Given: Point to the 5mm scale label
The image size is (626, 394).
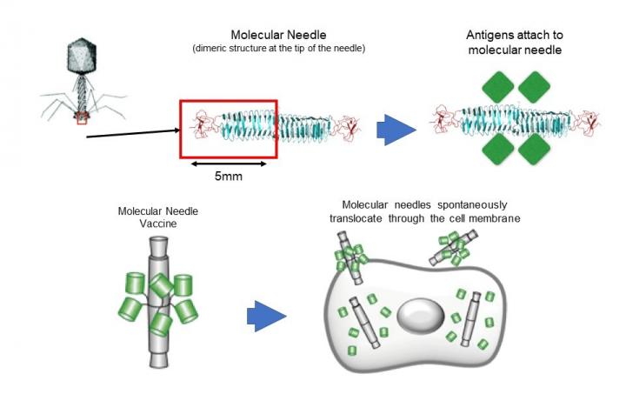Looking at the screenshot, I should tap(229, 177).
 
